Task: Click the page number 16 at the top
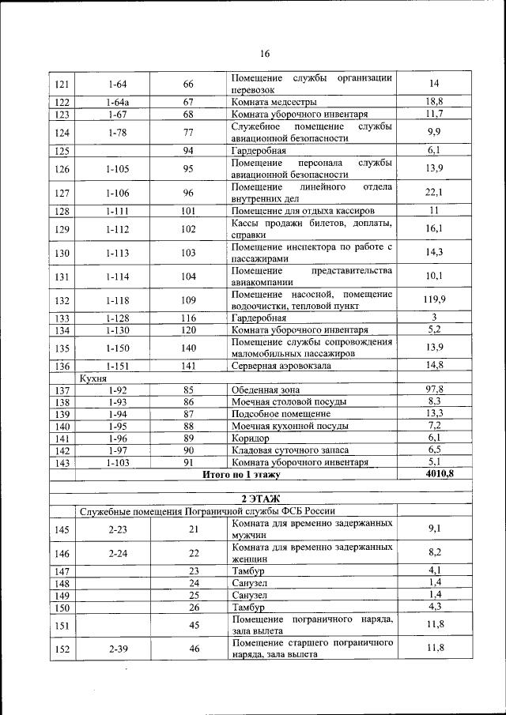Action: pos(265,54)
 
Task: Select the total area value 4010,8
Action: pos(434,474)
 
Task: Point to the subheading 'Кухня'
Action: pos(94,378)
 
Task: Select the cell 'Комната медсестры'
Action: pos(274,102)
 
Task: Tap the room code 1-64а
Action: pos(117,102)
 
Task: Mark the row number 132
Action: pos(62,300)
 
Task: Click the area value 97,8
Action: pos(434,389)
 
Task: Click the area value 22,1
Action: pos(434,192)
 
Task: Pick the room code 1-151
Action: pos(117,365)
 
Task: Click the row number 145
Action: pos(62,529)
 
